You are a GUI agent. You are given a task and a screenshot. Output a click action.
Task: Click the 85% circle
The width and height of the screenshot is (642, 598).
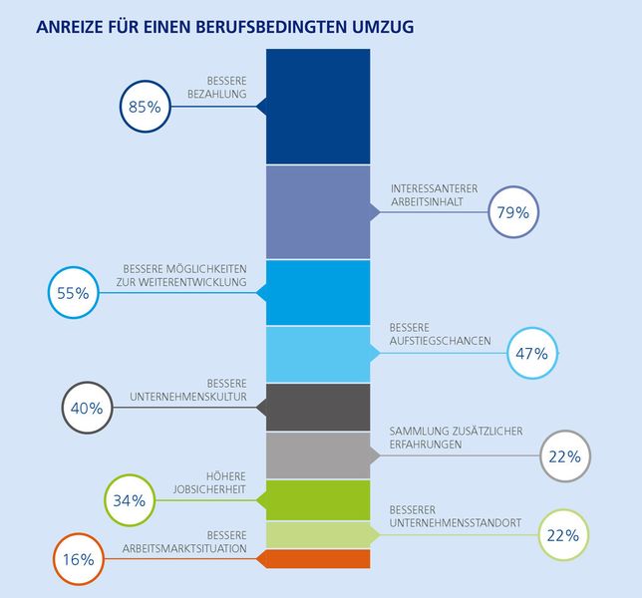pos(146,107)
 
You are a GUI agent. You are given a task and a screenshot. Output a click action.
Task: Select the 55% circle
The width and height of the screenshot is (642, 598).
pos(73,293)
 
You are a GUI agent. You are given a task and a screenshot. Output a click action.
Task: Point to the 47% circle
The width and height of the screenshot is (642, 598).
pos(534,353)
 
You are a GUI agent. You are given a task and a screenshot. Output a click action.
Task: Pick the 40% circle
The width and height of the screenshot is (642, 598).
pos(87,407)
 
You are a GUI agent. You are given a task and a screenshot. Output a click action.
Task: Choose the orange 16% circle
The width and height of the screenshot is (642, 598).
pos(78,559)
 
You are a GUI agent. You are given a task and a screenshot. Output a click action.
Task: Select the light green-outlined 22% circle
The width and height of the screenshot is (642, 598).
pos(563,535)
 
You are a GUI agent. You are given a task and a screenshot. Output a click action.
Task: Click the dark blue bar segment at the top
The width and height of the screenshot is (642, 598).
pos(318,106)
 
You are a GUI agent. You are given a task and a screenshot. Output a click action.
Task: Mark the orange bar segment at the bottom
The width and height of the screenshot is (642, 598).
pos(318,559)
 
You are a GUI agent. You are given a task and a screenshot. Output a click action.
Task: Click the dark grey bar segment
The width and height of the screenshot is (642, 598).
pos(318,408)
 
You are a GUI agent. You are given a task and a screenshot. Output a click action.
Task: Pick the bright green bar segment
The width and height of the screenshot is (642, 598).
pos(318,500)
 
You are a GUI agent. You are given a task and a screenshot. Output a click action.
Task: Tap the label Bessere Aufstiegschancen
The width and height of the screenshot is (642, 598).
pos(440,334)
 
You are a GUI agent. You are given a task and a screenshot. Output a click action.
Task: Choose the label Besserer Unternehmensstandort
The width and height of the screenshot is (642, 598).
pos(455,515)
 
